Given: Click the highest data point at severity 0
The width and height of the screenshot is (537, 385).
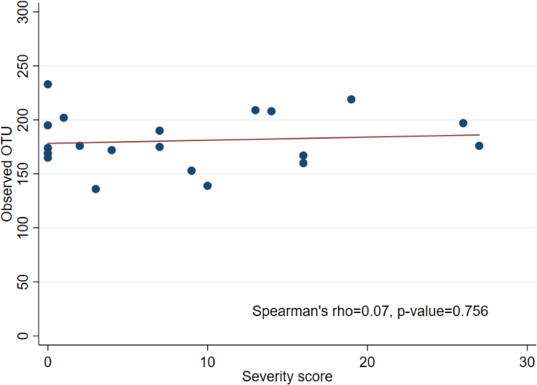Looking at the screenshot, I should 48,84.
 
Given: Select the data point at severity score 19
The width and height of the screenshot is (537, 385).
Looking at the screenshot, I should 351,99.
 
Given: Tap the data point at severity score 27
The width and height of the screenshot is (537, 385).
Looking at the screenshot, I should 479,146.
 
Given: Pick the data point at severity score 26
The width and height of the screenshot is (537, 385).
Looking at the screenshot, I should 463,123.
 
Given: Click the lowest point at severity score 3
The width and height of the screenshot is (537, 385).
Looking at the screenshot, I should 96,189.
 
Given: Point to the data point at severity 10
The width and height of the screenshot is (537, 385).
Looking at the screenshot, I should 208,186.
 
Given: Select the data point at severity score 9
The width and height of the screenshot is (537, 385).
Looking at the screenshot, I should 191,171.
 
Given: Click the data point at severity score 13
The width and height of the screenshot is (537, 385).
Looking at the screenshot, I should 256,110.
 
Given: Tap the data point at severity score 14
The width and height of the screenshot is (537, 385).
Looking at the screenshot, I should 271,111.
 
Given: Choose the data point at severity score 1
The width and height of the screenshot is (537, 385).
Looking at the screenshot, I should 64,118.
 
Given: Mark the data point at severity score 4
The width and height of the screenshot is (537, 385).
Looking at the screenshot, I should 111,150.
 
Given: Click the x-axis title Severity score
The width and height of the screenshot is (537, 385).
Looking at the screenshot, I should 287,376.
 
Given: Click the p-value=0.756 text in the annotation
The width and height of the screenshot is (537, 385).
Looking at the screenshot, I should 444,311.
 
